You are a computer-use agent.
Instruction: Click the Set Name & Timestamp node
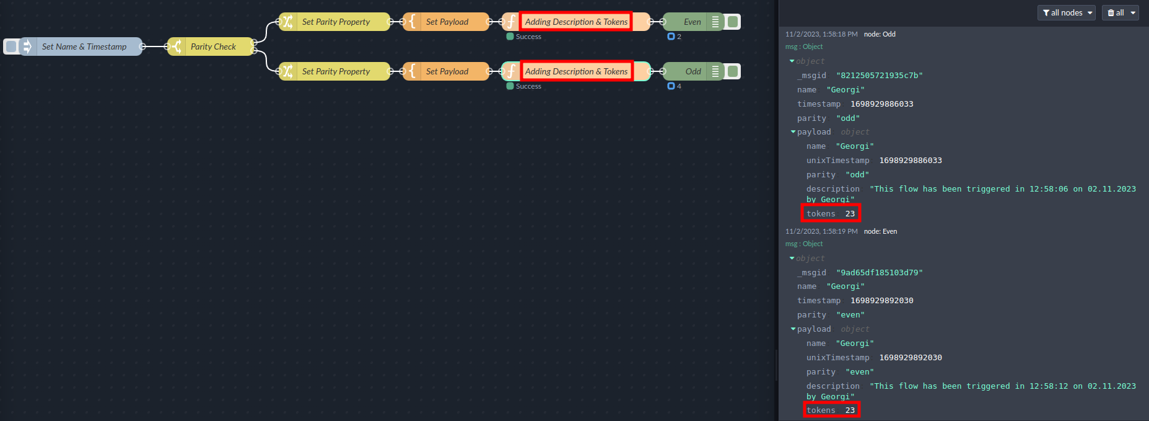[84, 47]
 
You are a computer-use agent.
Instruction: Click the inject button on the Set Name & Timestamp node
[11, 47]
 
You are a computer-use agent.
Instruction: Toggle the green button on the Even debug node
[733, 22]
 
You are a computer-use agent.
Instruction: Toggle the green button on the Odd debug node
[733, 71]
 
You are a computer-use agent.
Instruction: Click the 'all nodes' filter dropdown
[1066, 12]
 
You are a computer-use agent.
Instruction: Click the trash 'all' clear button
[1120, 12]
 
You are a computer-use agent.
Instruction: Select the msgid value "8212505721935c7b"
[879, 76]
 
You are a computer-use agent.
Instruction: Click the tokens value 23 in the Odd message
[850, 214]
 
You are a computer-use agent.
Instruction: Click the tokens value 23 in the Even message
[850, 410]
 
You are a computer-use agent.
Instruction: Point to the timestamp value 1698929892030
[881, 301]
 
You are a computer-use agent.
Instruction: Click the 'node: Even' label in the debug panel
[880, 231]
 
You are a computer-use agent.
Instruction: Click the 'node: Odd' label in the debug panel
[880, 34]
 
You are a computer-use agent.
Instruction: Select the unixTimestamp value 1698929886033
[911, 161]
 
